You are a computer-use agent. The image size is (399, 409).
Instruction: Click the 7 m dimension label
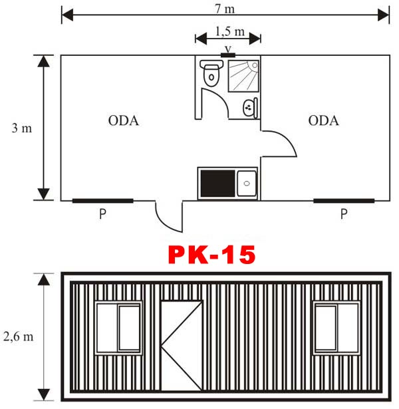[225, 9]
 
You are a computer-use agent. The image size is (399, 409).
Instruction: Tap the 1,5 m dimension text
[229, 31]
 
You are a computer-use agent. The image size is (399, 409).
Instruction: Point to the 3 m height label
[22, 128]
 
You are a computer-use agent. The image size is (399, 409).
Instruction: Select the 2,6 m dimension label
[18, 337]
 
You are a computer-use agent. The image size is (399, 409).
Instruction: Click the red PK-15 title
[211, 255]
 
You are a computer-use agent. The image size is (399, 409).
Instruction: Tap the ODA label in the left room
[123, 120]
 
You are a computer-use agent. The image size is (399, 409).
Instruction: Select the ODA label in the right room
[323, 120]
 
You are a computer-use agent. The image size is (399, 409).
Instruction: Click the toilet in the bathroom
[211, 73]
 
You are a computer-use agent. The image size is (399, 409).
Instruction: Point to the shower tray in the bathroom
[243, 76]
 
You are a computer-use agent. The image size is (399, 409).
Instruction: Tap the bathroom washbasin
[250, 108]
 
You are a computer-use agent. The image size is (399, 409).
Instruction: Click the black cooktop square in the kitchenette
[217, 183]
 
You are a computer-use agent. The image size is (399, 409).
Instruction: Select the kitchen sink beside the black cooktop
[247, 183]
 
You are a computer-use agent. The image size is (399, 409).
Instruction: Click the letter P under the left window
[103, 214]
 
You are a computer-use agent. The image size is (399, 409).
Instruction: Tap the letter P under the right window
[344, 214]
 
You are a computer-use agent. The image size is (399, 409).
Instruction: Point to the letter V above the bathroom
[228, 49]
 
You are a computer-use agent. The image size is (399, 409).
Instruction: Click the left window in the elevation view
[118, 328]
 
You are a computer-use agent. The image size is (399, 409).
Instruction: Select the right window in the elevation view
[336, 328]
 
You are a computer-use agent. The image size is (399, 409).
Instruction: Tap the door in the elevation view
[182, 346]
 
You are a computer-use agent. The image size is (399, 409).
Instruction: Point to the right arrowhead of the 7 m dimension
[384, 15]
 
